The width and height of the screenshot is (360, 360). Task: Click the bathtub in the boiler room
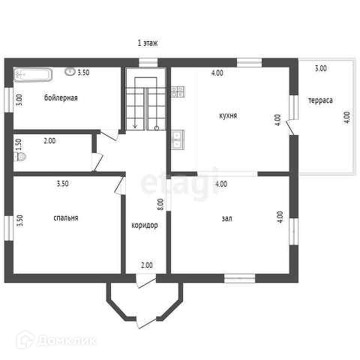33,75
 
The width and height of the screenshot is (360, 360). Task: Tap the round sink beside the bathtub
70,72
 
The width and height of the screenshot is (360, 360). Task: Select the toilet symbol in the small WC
20,157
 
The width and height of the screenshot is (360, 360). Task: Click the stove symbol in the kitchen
178,91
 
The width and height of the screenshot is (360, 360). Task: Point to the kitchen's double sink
178,139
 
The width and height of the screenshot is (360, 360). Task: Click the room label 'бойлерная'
61,97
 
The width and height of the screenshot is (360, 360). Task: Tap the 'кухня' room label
228,115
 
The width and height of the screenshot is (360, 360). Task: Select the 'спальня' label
66,218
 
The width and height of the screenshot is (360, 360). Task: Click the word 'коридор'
145,226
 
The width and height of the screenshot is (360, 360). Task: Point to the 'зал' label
226,218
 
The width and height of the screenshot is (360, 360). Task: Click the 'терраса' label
320,100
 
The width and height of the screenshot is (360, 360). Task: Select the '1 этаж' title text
148,43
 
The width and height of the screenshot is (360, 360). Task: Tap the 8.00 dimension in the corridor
160,204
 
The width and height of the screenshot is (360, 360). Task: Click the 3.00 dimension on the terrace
320,68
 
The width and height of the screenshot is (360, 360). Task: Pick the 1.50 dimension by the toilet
19,145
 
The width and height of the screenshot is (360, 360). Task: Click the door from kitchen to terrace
290,127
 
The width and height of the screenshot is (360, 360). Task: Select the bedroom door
120,185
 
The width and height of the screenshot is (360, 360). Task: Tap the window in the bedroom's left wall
9,228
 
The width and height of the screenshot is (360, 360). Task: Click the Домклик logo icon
25,340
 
